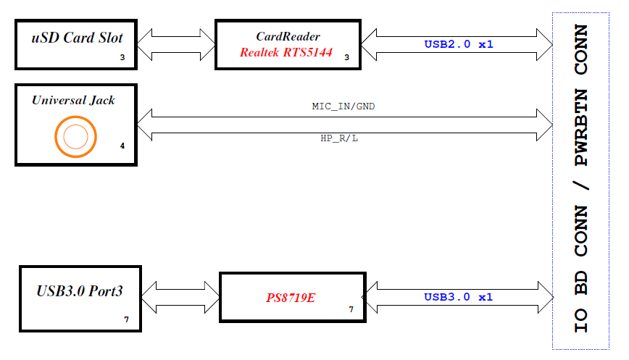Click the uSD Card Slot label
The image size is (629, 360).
[x=76, y=38]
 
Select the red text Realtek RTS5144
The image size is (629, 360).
[x=286, y=52]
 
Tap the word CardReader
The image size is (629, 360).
[x=288, y=36]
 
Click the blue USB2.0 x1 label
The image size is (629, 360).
[x=459, y=44]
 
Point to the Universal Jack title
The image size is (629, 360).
[x=73, y=100]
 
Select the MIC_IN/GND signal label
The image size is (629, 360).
[x=343, y=106]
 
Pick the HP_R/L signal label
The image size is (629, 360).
[x=339, y=138]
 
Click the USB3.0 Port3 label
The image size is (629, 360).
[x=80, y=292]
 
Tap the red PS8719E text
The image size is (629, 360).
[x=291, y=298]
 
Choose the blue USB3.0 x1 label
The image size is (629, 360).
[x=459, y=297]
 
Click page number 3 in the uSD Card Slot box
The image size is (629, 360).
[x=123, y=56]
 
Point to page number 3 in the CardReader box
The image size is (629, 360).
[x=347, y=56]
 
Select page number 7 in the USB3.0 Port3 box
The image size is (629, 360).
[x=126, y=319]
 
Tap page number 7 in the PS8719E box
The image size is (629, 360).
[x=351, y=309]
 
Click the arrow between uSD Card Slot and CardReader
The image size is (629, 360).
[x=176, y=44]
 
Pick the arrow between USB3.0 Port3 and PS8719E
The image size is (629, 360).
[x=180, y=297]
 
